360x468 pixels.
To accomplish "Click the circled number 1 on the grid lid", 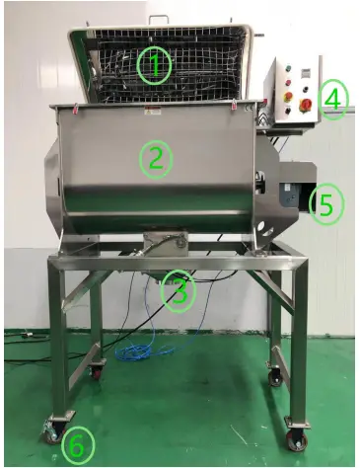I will pyautogui.click(x=154, y=66).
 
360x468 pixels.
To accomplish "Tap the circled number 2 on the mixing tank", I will pyautogui.click(x=155, y=157).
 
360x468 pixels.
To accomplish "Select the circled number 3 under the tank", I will pyautogui.click(x=179, y=289).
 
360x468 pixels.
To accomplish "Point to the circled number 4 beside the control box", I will pyautogui.click(x=333, y=99).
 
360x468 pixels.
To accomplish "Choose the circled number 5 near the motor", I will pyautogui.click(x=326, y=204).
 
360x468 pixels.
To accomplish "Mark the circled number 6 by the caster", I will pyautogui.click(x=75, y=445).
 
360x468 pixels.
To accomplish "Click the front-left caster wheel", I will pyautogui.click(x=48, y=431).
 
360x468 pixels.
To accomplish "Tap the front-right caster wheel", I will pyautogui.click(x=295, y=439).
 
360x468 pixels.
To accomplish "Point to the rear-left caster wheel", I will pyautogui.click(x=100, y=373).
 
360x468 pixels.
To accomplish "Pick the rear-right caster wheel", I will pyautogui.click(x=274, y=377).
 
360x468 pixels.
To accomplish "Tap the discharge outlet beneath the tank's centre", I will pyautogui.click(x=162, y=247).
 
